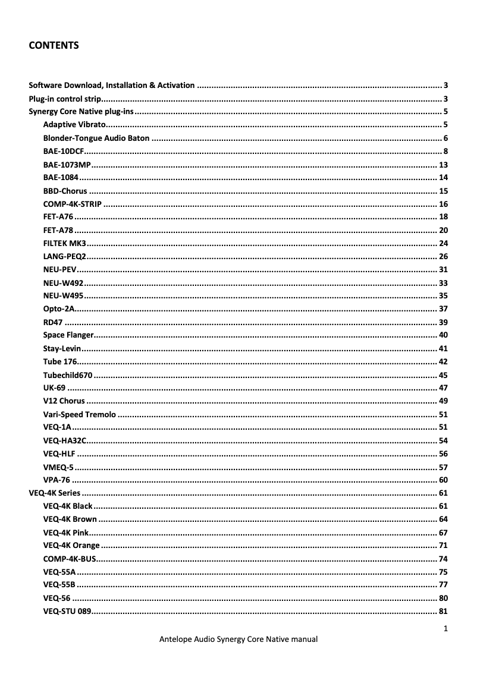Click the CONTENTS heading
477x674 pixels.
click(x=54, y=45)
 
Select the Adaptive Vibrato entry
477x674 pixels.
click(x=74, y=125)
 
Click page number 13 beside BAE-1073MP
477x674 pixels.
click(x=443, y=165)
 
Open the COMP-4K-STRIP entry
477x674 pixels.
click(x=72, y=204)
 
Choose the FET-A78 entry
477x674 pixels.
click(x=58, y=230)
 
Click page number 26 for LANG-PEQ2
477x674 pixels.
click(x=443, y=256)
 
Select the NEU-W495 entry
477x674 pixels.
click(x=63, y=295)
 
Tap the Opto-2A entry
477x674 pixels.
click(x=58, y=308)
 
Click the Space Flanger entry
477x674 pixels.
click(x=68, y=335)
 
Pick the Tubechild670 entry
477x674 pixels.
click(x=68, y=375)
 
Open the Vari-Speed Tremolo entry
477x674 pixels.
click(x=80, y=414)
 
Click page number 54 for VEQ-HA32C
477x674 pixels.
click(x=443, y=440)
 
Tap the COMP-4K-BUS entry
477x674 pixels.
click(x=69, y=559)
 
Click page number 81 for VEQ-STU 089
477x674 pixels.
click(x=443, y=611)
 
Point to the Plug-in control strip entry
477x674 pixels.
click(x=65, y=99)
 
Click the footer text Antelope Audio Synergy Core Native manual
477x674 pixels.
click(x=238, y=640)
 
